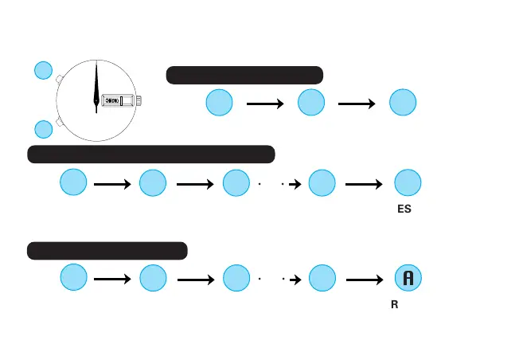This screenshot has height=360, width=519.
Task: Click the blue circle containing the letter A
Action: pos(408,278)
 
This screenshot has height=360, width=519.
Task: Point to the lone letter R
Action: pos(393,304)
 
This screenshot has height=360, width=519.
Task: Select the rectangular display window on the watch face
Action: pos(120,100)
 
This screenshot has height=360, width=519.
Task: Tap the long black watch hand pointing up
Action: pos(96,84)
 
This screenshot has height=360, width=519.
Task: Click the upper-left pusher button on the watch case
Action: pos(60,77)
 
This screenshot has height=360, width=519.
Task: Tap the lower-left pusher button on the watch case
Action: pos(60,123)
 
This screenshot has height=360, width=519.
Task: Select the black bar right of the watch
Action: pos(244,76)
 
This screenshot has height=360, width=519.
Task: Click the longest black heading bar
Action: pos(150,154)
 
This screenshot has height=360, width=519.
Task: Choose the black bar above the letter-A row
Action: pos(107,251)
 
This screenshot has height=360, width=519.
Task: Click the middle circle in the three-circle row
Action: pos(311,104)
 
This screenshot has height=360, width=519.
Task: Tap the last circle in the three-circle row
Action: pos(403,104)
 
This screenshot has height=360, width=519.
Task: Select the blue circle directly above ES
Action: pos(408,183)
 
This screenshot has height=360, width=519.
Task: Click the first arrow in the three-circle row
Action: pos(266,104)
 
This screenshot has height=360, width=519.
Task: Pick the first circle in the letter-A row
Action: pos(74,278)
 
